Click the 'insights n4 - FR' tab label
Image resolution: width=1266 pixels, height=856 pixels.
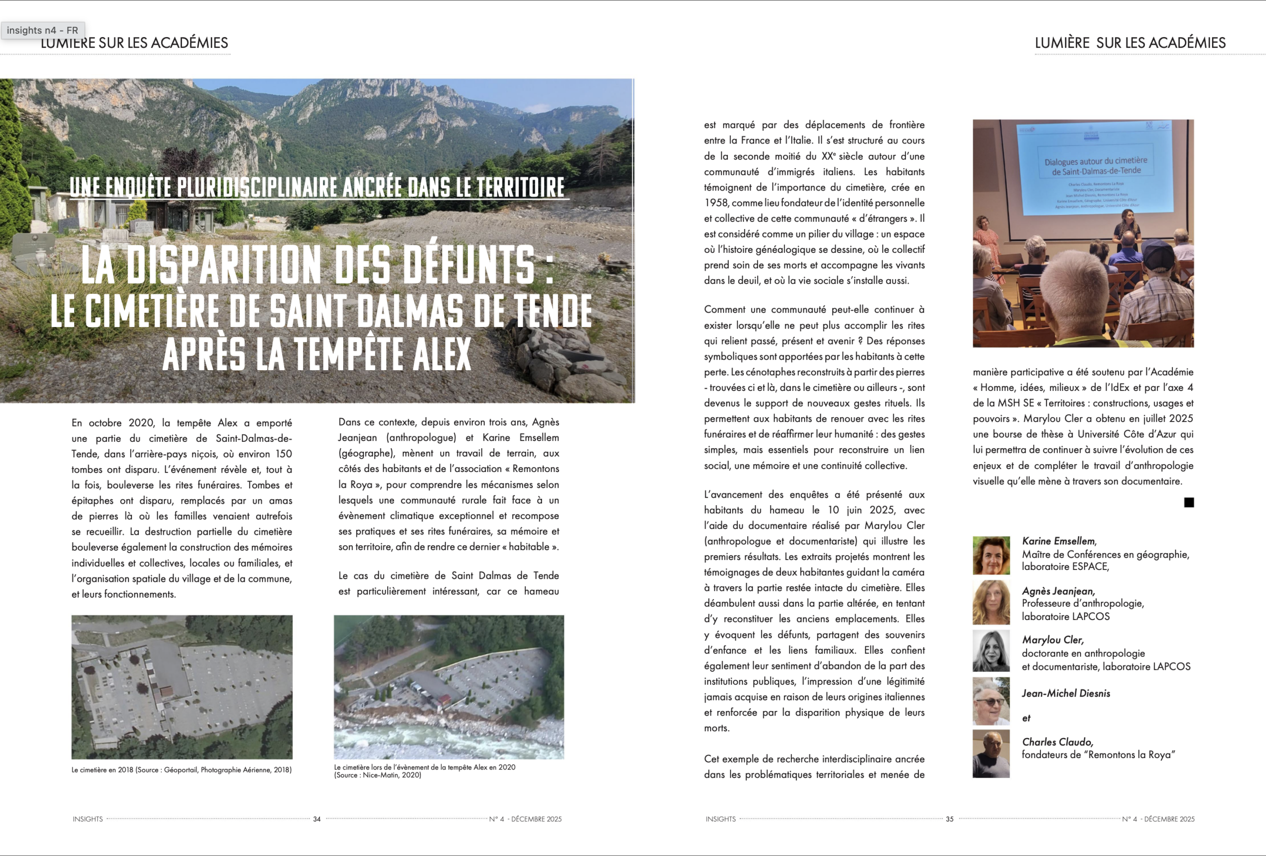click(x=43, y=31)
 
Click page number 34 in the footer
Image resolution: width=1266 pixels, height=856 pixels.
click(x=316, y=819)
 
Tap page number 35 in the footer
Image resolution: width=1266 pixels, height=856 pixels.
click(x=949, y=819)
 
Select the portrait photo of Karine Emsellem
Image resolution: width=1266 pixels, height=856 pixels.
click(x=991, y=555)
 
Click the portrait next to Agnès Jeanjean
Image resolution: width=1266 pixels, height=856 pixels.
click(x=991, y=603)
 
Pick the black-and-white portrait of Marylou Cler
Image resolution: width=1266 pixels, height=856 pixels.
click(x=991, y=651)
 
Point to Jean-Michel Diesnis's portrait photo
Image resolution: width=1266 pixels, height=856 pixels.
click(x=991, y=701)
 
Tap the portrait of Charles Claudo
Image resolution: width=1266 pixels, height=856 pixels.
click(x=991, y=754)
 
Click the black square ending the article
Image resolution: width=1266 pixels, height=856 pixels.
click(x=1189, y=502)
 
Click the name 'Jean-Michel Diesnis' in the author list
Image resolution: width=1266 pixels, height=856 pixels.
click(x=1066, y=693)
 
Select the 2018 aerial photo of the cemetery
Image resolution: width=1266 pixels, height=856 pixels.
click(x=182, y=687)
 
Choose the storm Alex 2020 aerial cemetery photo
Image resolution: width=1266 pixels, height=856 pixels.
click(x=449, y=687)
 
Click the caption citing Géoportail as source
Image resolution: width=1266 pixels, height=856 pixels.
click(x=181, y=770)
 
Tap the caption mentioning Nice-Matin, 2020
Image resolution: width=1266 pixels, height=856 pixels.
click(x=424, y=771)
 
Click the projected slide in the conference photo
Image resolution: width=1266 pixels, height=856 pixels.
click(x=1095, y=169)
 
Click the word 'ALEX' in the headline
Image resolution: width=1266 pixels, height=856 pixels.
click(x=442, y=354)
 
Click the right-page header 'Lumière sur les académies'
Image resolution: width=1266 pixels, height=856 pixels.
click(x=1130, y=43)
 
